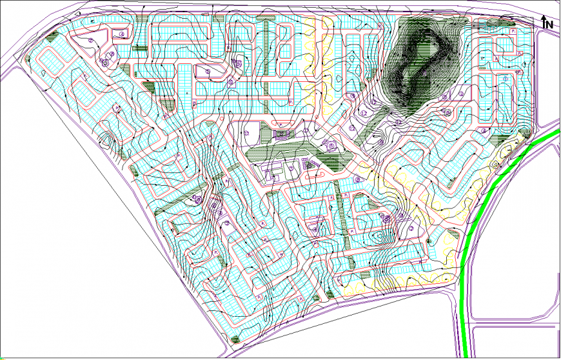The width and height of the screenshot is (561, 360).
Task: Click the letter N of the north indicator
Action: (x=550, y=24)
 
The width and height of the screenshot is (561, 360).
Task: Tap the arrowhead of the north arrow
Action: (x=544, y=17)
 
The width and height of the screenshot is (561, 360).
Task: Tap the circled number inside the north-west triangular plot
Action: (x=91, y=39)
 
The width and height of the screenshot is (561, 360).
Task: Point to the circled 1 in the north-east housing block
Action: (x=506, y=79)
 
